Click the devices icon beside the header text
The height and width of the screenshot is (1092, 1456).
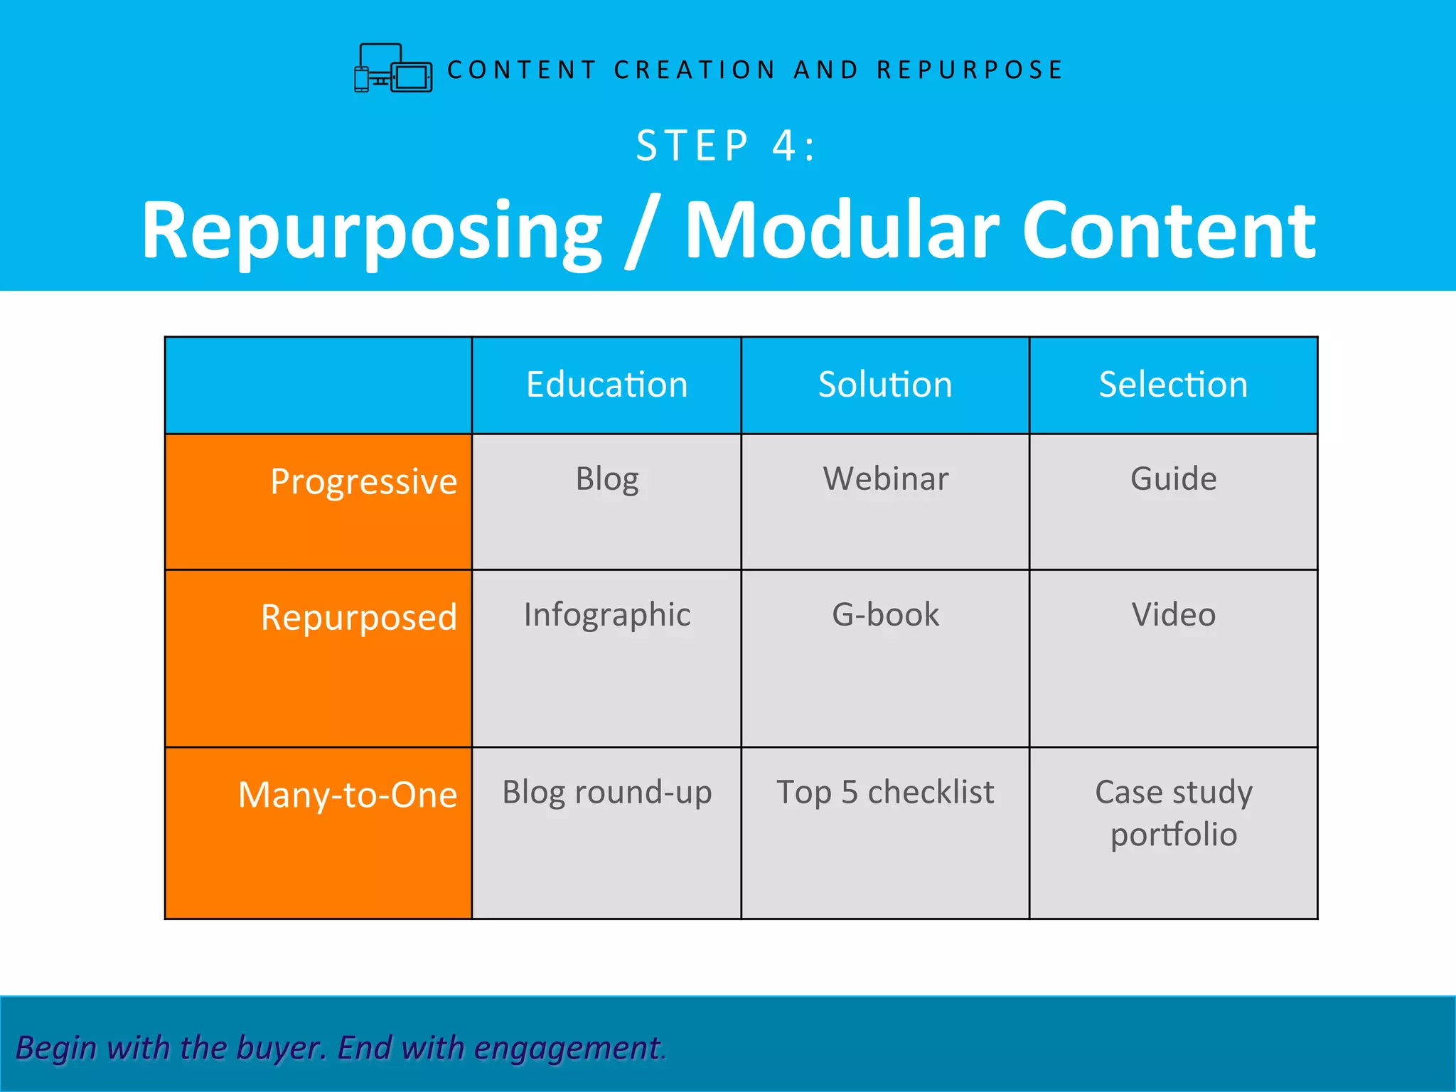tap(393, 68)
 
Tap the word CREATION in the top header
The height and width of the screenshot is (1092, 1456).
tap(695, 70)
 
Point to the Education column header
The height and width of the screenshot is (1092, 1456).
tap(606, 385)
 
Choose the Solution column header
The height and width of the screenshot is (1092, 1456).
tap(884, 385)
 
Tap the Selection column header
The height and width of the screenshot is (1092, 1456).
tap(1173, 385)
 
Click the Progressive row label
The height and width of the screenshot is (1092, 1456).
tap(363, 482)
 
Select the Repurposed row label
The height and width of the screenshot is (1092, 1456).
tap(358, 617)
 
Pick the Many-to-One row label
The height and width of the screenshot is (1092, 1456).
tap(347, 795)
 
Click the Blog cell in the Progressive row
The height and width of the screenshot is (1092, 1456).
tap(606, 479)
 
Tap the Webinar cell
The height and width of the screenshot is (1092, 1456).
tap(885, 478)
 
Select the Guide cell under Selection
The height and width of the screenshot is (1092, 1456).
tap(1173, 478)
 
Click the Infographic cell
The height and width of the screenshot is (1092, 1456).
tap(606, 615)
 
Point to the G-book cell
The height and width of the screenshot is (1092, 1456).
tap(885, 614)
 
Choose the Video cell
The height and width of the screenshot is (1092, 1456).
tap(1173, 614)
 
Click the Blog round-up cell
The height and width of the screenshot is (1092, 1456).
tap(606, 793)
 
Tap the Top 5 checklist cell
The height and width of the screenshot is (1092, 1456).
tap(885, 792)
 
